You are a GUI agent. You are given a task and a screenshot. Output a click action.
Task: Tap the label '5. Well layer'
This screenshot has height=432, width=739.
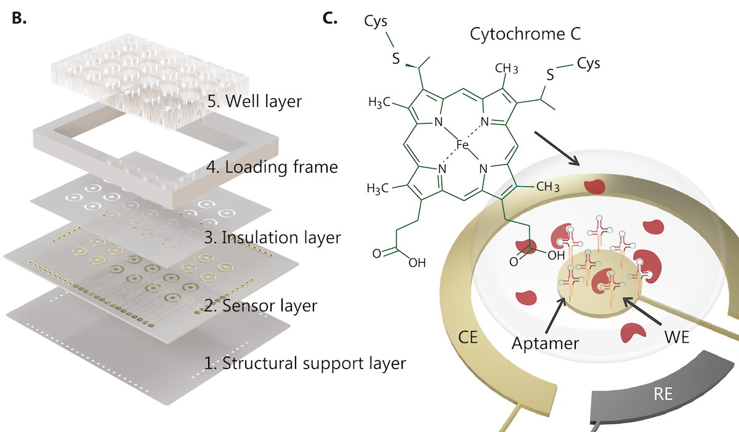tap(254, 100)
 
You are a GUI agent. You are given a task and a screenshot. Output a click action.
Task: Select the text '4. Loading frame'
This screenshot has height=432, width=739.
tap(272, 166)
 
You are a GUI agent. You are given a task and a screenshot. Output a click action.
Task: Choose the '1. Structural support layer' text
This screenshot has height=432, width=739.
tap(305, 363)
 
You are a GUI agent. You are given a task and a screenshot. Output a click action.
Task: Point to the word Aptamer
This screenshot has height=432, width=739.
tap(545, 343)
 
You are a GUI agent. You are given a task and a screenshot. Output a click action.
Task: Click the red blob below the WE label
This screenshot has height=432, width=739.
tap(633, 333)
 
